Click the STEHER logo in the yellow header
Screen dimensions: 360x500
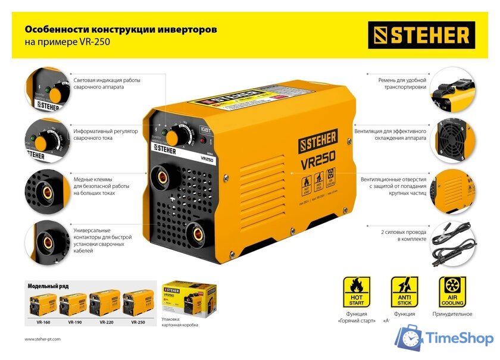coord(421,35)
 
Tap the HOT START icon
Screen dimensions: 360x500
coord(357,292)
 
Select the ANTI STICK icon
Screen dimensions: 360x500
coord(404,292)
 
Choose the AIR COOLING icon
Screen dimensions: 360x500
coord(452,292)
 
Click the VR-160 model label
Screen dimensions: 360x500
coord(42,322)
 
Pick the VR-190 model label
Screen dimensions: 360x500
coord(74,322)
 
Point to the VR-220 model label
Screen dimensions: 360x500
coord(106,322)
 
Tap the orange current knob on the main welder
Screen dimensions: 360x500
coord(173,137)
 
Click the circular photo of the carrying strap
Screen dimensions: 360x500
coord(454,89)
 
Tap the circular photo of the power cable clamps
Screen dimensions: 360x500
coord(454,244)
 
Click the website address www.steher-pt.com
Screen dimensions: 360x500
coord(43,339)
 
